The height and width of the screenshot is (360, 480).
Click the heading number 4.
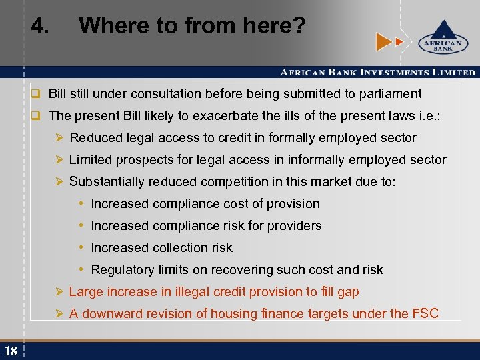(x=39, y=27)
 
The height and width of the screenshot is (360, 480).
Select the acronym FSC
(x=425, y=313)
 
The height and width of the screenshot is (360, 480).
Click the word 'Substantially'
(x=107, y=181)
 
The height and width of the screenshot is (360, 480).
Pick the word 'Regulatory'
(x=122, y=269)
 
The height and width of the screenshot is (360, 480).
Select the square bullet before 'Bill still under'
(x=39, y=94)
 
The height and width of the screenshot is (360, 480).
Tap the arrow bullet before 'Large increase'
(x=59, y=291)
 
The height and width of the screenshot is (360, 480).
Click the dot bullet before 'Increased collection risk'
(x=81, y=247)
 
